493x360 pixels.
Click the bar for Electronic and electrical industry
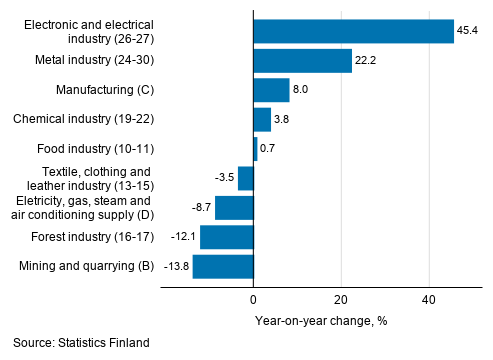coord(353,32)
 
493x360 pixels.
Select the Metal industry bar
coord(302,62)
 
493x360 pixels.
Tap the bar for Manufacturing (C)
coord(271,91)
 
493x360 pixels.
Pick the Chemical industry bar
coord(262,120)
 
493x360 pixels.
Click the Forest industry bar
coord(227,237)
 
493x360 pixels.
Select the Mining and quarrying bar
coord(223,266)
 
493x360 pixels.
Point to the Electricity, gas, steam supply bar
coord(234,208)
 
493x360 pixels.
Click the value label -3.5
coord(224,179)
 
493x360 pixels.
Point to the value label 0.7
coord(268,150)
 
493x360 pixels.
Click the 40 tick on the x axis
coord(429,299)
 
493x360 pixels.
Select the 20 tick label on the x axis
coord(341,299)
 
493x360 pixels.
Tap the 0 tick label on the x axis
coord(253,299)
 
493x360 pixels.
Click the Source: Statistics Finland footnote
coord(81,343)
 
